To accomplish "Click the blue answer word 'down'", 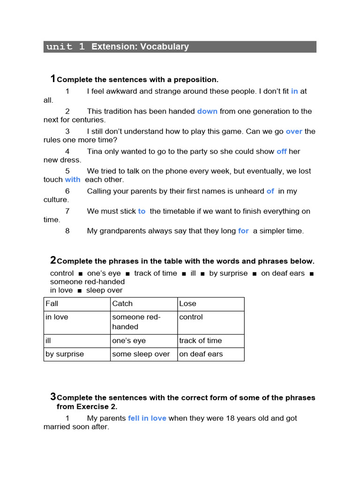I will coord(207,112).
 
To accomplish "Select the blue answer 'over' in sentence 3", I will coord(294,132).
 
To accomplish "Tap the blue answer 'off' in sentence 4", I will coord(281,151).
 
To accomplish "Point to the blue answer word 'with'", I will coord(73,180).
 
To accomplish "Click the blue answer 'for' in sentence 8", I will coord(243,231).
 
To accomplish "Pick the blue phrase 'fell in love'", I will coord(147,418).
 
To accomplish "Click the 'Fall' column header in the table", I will coord(52,304).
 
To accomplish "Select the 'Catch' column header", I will coord(122,304).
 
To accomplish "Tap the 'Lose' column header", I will coord(187,304).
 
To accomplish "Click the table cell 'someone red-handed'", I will coord(136,322).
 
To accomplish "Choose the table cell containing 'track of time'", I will coord(201,341).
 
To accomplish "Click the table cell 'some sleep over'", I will coord(141,354).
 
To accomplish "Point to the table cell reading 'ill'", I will coord(48,341).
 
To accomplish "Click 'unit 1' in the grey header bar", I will coord(66,47).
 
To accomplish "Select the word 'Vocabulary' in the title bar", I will coord(166,47).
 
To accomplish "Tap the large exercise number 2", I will coord(53,260).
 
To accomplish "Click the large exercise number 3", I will coord(53,397).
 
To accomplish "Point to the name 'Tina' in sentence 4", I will coord(95,151).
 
